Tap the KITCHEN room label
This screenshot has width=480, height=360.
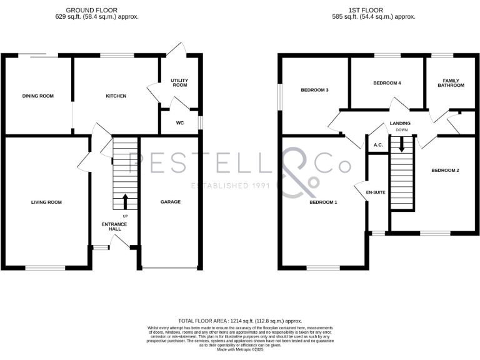point(116,96)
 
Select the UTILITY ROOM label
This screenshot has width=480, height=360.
point(179,82)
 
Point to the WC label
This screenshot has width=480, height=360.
point(179,123)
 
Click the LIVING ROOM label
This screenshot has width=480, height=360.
point(47,202)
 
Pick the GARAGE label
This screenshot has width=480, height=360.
point(170,202)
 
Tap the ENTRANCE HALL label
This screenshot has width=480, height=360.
point(114,226)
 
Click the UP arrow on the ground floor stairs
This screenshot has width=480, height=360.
point(124,201)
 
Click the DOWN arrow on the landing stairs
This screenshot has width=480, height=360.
point(401,144)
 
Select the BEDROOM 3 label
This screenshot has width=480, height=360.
point(314,90)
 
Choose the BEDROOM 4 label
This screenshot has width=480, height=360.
point(386,82)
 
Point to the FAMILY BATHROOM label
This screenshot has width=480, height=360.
point(451,82)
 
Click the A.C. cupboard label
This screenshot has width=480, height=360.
point(377,145)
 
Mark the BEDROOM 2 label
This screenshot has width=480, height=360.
point(445,170)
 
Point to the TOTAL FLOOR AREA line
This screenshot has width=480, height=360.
point(240,319)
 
